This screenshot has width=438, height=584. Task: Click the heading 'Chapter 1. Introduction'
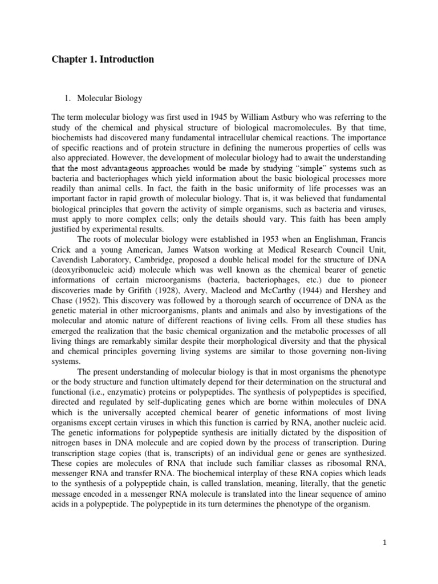103,59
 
